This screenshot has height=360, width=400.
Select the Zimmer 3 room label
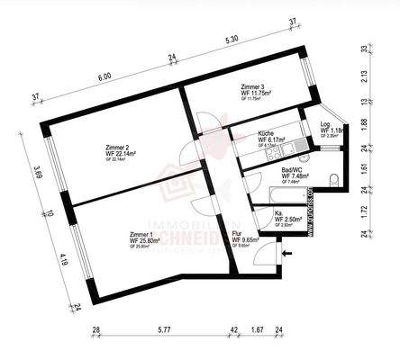pyautogui.click(x=254, y=86)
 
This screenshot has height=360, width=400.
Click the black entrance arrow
pyautogui.click(x=287, y=254)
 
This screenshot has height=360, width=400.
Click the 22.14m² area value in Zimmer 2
pyautogui.click(x=125, y=154)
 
